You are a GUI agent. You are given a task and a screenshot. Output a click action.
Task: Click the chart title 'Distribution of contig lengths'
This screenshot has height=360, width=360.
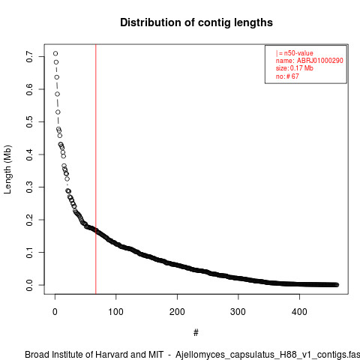[196, 22]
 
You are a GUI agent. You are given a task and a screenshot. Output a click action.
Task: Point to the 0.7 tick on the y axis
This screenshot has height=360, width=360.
[29, 57]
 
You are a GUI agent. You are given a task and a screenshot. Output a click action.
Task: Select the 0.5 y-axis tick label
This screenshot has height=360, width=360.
[29, 121]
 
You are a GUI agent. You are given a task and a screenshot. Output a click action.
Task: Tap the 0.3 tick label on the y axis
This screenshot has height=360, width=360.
[29, 187]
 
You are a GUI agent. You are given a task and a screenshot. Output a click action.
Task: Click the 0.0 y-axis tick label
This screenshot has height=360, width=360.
[29, 285]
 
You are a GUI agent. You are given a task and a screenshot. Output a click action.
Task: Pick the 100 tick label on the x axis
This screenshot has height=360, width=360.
[115, 312]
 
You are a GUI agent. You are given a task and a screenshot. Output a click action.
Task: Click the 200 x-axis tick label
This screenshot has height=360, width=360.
[177, 312]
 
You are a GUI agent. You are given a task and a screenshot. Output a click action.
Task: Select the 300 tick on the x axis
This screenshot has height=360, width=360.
[238, 312]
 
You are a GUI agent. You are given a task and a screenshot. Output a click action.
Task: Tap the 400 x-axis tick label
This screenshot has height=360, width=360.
[299, 312]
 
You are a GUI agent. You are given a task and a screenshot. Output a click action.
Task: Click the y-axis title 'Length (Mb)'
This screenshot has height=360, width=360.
[7, 169]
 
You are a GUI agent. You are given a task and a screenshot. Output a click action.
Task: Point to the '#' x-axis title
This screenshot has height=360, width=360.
[196, 333]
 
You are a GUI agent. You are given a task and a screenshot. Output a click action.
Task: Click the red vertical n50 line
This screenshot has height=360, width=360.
[96, 169]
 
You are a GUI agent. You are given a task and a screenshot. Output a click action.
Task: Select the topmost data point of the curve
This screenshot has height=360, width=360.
[55, 53]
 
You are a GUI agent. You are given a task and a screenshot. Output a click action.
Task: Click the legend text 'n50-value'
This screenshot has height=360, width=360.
[298, 53]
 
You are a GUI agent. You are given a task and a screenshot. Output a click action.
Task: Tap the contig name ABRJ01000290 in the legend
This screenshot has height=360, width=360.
[319, 61]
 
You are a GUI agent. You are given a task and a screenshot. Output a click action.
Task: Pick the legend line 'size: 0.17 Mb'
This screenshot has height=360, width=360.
[295, 68]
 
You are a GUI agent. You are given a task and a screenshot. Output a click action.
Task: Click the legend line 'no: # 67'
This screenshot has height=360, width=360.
[287, 76]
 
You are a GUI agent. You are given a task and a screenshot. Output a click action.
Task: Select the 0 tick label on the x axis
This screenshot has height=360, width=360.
[55, 312]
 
